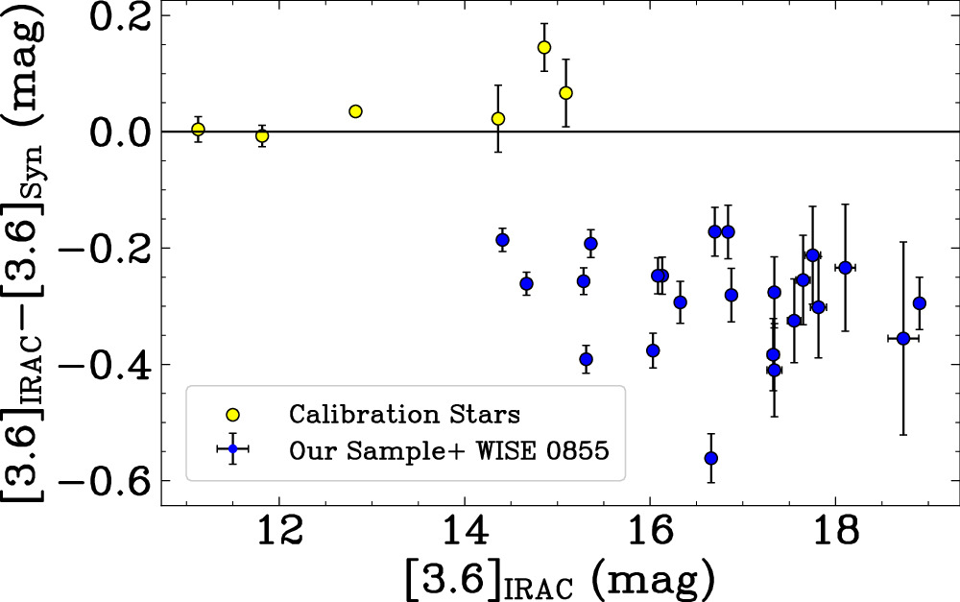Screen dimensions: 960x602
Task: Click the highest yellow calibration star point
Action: coord(543,48)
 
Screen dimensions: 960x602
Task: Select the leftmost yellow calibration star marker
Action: coord(198,130)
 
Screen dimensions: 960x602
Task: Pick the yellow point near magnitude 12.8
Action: coord(355,111)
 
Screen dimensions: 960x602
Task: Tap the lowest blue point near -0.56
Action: coord(710,458)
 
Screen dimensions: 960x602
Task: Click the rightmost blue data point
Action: coord(919,303)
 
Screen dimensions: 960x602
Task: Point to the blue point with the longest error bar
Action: coord(903,338)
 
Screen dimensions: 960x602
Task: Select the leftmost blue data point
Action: coord(502,239)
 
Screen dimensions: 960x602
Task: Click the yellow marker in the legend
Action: coord(232,415)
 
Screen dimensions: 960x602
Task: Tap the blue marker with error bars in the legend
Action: coord(232,449)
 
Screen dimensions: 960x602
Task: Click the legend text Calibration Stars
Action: coord(405,415)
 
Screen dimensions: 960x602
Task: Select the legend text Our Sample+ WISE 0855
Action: coord(449,450)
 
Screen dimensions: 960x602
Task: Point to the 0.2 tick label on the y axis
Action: coord(121,16)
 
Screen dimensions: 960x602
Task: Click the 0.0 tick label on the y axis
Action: coord(121,132)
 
